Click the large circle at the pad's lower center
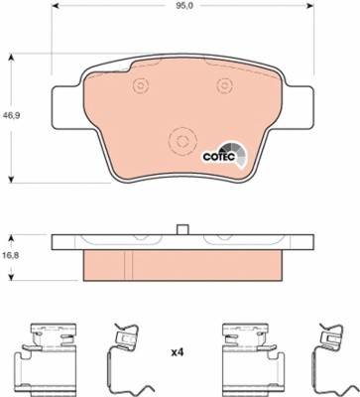pyautogui.click(x=181, y=141)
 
